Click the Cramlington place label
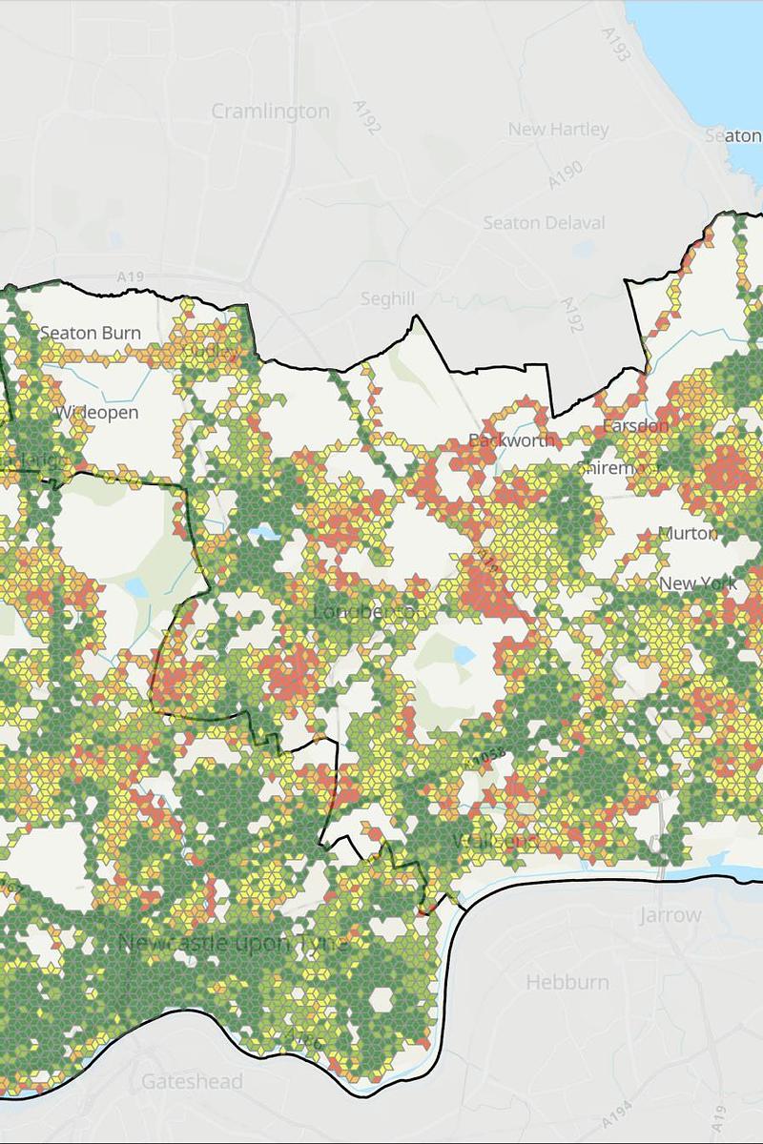click(270, 112)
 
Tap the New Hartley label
click(558, 129)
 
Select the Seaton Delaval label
click(544, 223)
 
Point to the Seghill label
click(388, 298)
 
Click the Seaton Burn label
click(90, 333)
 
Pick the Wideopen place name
click(96, 413)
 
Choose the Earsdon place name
click(635, 425)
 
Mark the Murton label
click(688, 533)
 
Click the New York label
click(697, 583)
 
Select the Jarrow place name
click(670, 915)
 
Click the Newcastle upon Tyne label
click(233, 943)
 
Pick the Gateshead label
click(192, 1082)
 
